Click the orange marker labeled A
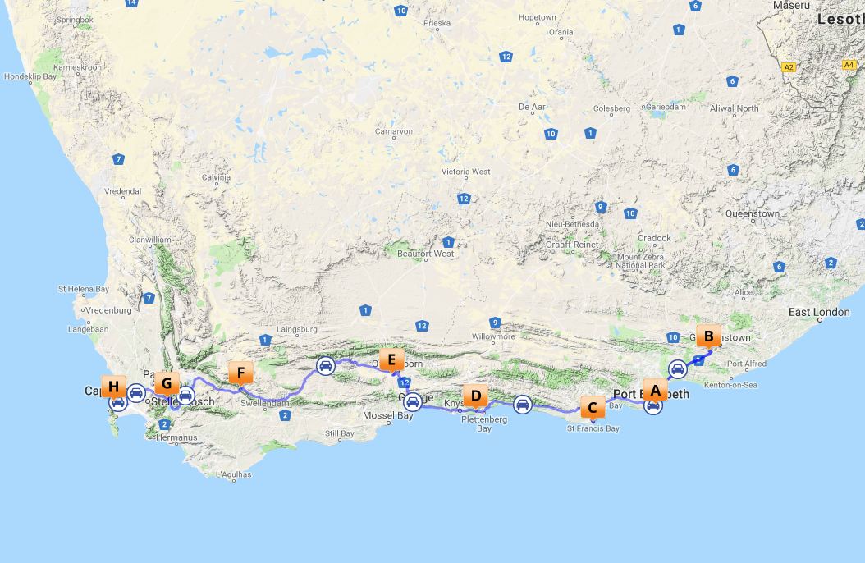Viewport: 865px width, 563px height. tap(655, 390)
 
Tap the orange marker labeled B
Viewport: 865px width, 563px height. tap(708, 336)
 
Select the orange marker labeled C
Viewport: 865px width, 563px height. tap(593, 406)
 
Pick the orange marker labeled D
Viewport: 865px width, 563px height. tap(475, 395)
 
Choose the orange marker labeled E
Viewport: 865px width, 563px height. tap(391, 359)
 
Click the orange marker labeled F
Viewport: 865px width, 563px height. tap(240, 373)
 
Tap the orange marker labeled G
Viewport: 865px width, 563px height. tap(167, 382)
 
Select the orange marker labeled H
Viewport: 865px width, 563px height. tap(113, 386)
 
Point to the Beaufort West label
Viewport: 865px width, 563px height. tap(425, 254)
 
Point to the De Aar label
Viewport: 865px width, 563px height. tap(533, 107)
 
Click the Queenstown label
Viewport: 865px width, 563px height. tap(753, 213)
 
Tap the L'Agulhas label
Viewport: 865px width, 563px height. tap(233, 474)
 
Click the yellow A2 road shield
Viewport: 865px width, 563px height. tap(789, 67)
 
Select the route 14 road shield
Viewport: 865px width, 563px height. tap(131, 3)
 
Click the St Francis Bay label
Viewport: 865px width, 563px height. tap(593, 428)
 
